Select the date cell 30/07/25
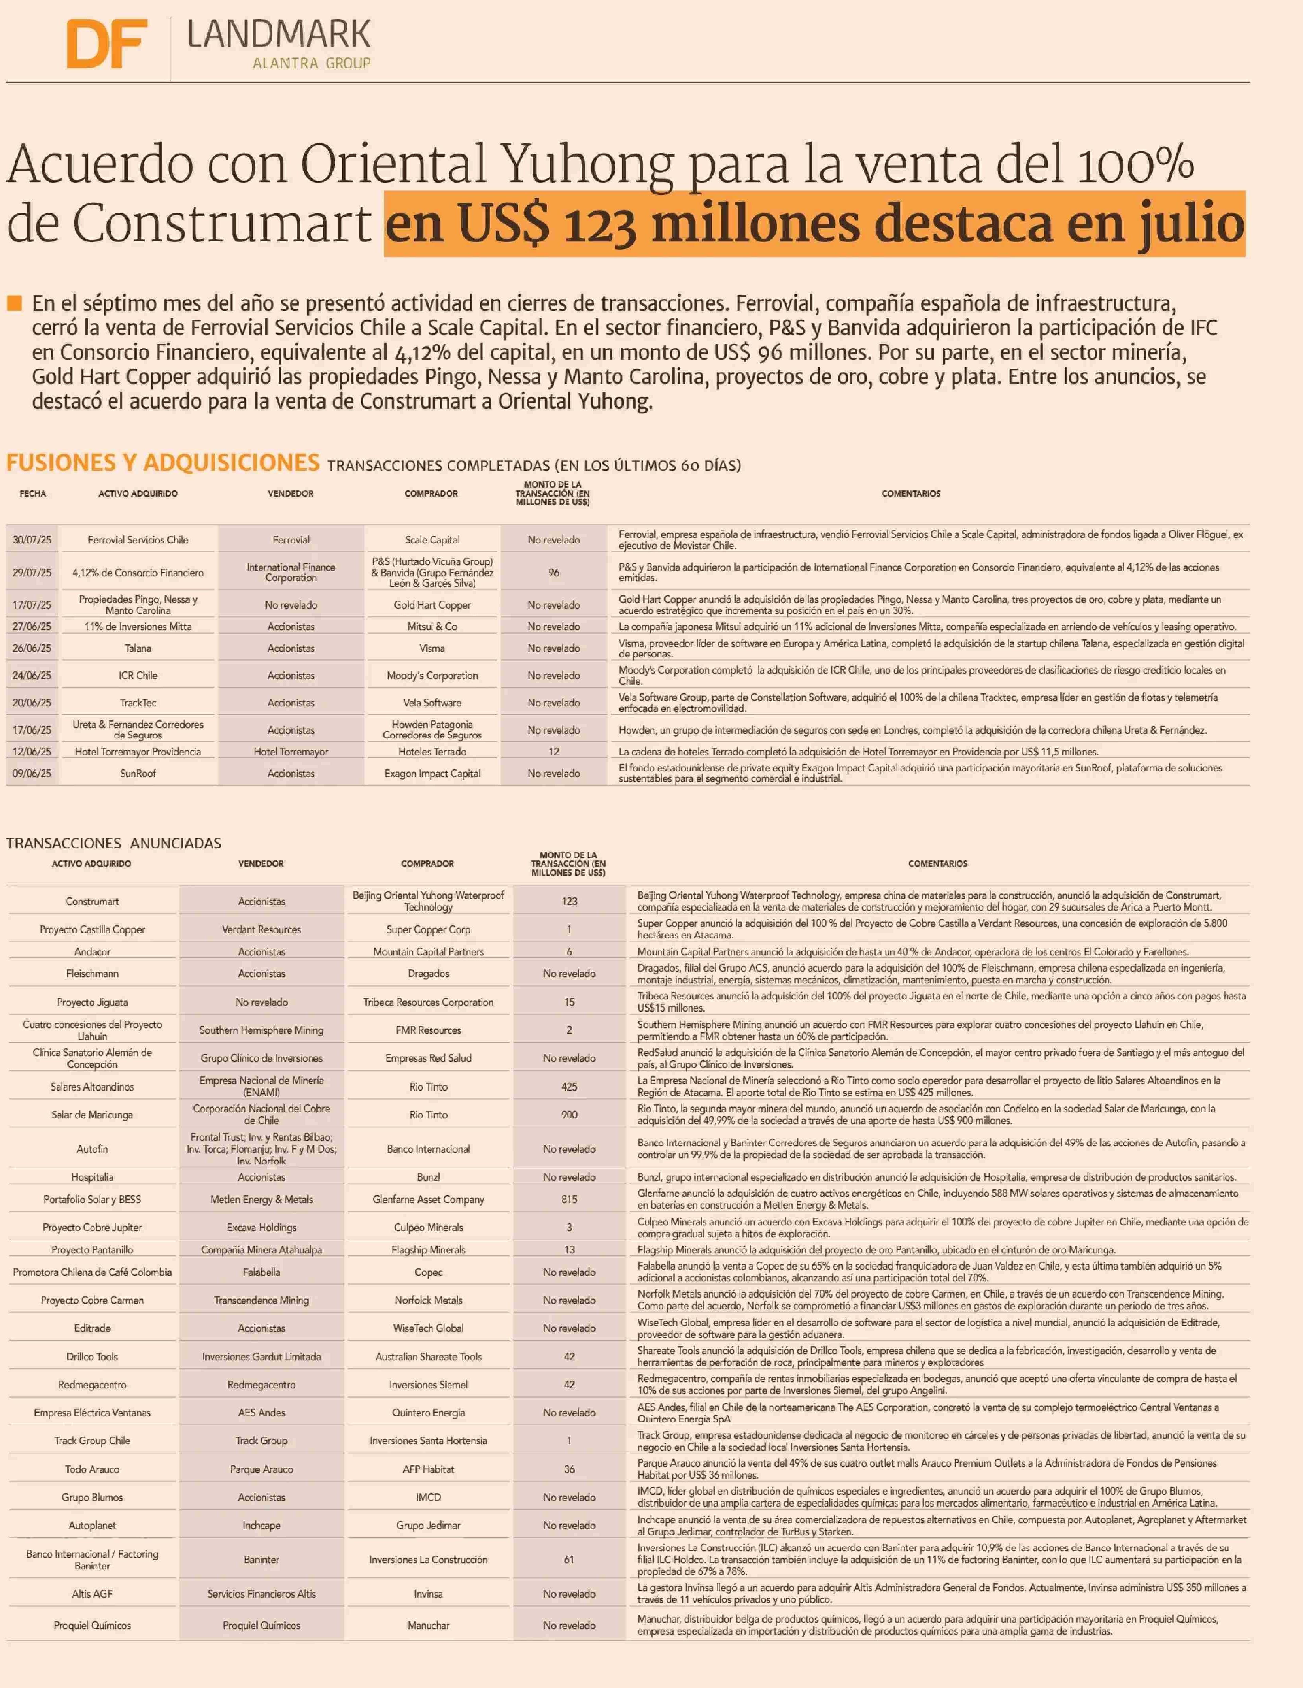(x=32, y=539)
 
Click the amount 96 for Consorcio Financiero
(x=554, y=573)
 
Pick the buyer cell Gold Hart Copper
(x=432, y=605)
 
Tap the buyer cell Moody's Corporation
(x=432, y=676)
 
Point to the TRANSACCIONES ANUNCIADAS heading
(x=114, y=843)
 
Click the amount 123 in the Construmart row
(x=569, y=901)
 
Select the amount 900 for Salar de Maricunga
(x=569, y=1115)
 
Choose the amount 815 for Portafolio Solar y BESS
(x=569, y=1200)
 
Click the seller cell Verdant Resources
(x=261, y=930)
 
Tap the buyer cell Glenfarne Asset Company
(x=429, y=1200)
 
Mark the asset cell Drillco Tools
(x=92, y=1356)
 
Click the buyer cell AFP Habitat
(x=429, y=1469)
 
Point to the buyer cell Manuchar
(x=429, y=1626)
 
